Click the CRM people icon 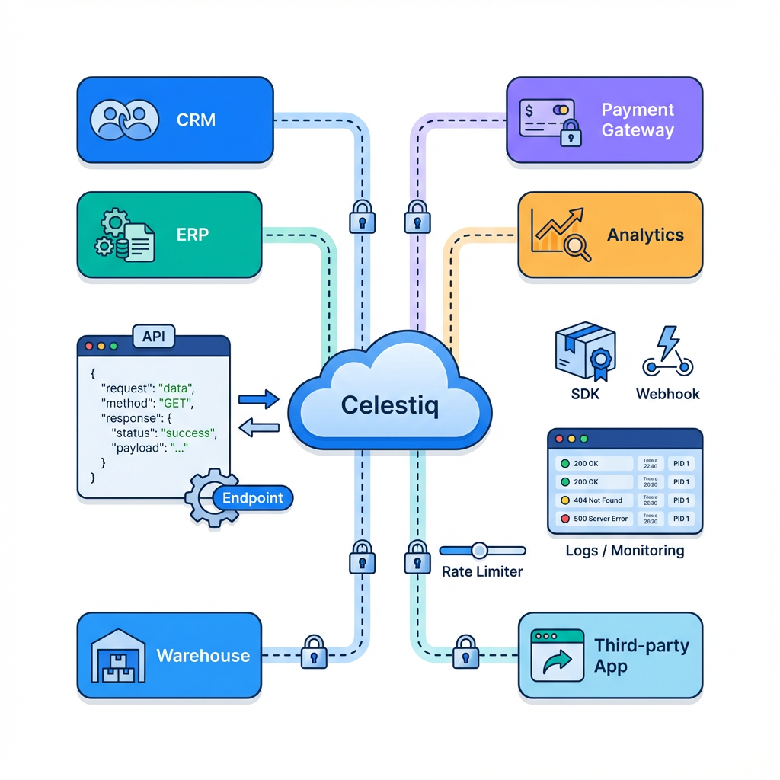124,120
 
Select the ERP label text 192,235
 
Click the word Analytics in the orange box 645,235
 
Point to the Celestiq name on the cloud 390,404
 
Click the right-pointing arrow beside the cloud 259,398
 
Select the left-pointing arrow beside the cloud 259,429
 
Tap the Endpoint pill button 252,499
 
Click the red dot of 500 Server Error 564,519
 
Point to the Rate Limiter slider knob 479,550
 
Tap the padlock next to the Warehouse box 313,653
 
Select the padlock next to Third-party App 465,653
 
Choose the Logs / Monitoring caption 625,550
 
